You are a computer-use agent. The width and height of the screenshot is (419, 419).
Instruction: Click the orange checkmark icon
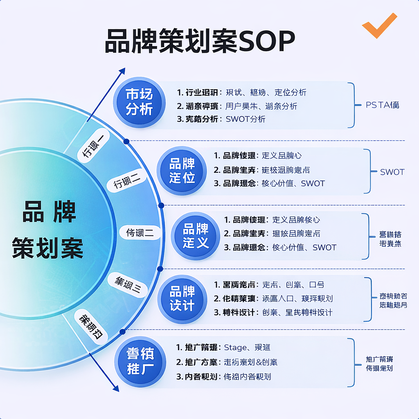(379, 25)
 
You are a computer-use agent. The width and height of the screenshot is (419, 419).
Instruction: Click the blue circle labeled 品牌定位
(182, 171)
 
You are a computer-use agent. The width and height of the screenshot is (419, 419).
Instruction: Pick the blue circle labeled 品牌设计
(182, 299)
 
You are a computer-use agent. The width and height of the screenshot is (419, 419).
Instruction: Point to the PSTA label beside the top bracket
(382, 105)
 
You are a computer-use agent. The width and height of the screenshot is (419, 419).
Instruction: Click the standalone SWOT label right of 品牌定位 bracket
(392, 172)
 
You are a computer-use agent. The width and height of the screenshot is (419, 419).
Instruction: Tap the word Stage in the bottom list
(235, 347)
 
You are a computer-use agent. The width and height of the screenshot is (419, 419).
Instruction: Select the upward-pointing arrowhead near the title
(122, 72)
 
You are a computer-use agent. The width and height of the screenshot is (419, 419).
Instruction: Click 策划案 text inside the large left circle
(48, 248)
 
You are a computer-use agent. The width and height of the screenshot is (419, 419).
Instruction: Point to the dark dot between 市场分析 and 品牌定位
(126, 141)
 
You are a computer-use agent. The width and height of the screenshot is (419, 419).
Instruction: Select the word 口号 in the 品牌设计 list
(317, 284)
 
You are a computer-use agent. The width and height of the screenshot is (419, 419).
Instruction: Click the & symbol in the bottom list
(259, 362)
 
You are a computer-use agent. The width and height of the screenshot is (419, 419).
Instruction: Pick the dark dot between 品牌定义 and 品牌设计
(160, 269)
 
